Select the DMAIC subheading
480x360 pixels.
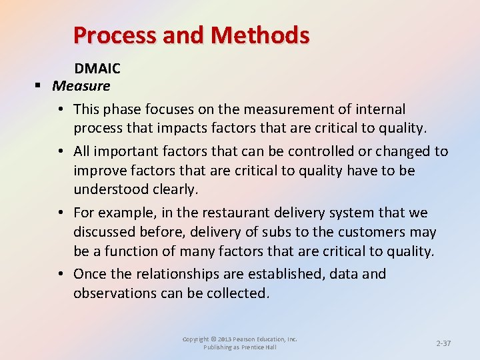[x=97, y=68]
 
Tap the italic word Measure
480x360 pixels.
[x=81, y=85]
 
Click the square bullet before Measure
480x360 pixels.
[x=39, y=86]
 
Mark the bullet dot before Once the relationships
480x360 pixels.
[x=60, y=274]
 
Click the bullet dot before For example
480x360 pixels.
[x=60, y=213]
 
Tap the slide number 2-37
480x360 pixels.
[x=443, y=343]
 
